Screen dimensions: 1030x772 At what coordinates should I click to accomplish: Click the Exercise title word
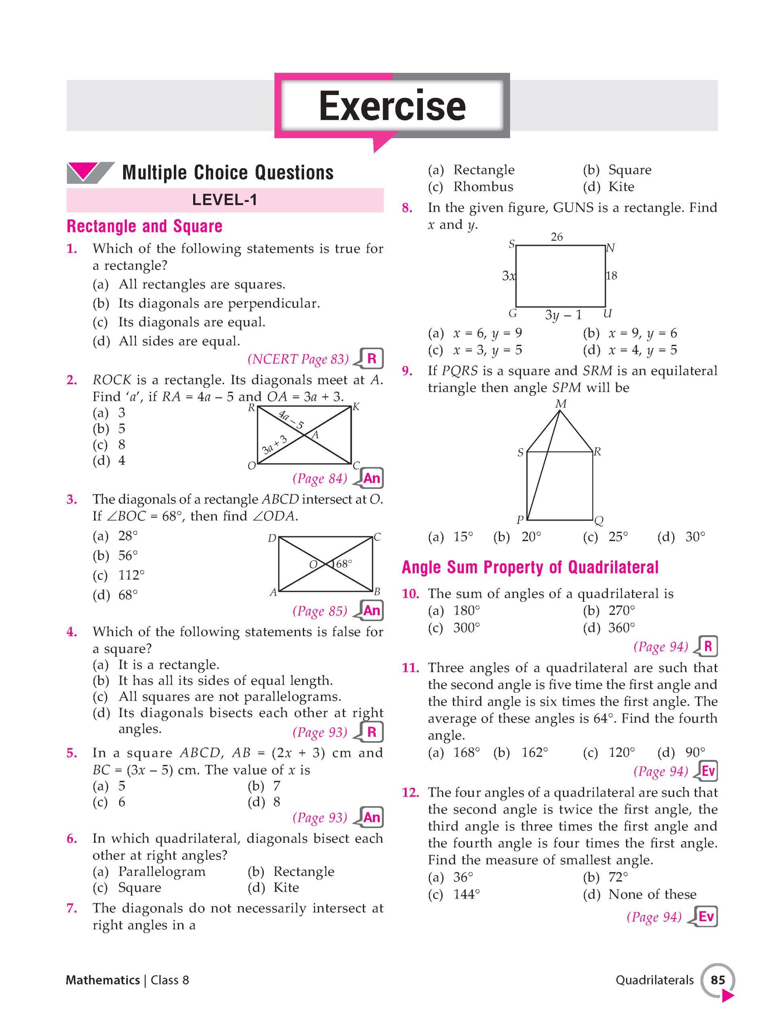click(392, 106)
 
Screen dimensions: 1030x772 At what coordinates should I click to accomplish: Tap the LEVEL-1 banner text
click(224, 200)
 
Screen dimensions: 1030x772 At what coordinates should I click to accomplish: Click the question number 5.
click(72, 753)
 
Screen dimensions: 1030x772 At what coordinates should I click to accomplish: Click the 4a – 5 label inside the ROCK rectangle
click(291, 420)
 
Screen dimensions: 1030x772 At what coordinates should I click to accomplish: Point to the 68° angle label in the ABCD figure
click(344, 564)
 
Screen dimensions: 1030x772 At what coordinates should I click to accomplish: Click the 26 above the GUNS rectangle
click(556, 237)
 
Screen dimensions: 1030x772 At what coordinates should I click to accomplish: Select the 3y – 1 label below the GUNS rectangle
click(563, 315)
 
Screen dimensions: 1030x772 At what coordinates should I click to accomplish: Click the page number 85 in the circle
click(718, 980)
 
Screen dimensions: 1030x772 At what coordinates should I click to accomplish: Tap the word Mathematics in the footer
click(103, 980)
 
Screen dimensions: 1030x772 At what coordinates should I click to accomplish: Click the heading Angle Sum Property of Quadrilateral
click(530, 567)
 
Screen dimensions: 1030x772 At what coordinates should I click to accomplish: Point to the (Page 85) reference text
click(320, 610)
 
